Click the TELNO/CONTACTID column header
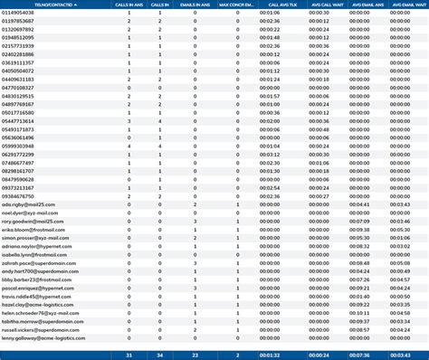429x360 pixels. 32,4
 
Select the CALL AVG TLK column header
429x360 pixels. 269,4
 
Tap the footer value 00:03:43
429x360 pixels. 398,354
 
